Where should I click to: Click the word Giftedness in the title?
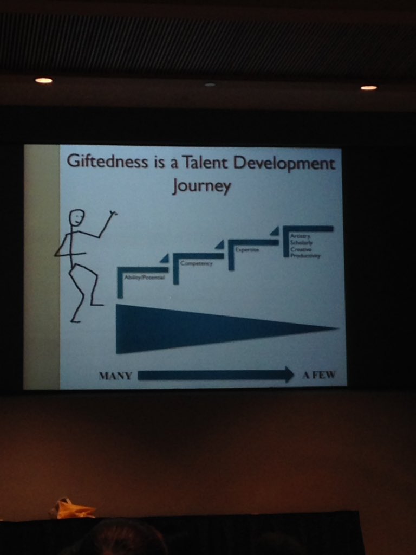tap(107, 162)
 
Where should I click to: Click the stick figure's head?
tap(76, 218)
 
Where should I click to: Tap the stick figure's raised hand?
tap(113, 214)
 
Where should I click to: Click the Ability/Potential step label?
tap(144, 277)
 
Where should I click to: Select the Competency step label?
tap(196, 263)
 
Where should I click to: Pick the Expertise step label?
tap(247, 250)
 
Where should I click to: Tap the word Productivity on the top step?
tap(305, 255)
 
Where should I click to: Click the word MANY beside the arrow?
tap(115, 376)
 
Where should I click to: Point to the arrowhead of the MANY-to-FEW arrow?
tap(289, 375)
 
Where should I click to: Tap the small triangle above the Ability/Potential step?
tap(165, 259)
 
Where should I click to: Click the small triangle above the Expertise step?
tap(275, 231)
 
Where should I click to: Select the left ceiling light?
tap(43, 81)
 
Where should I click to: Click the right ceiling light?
tap(368, 87)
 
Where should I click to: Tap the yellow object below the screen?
tap(73, 509)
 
